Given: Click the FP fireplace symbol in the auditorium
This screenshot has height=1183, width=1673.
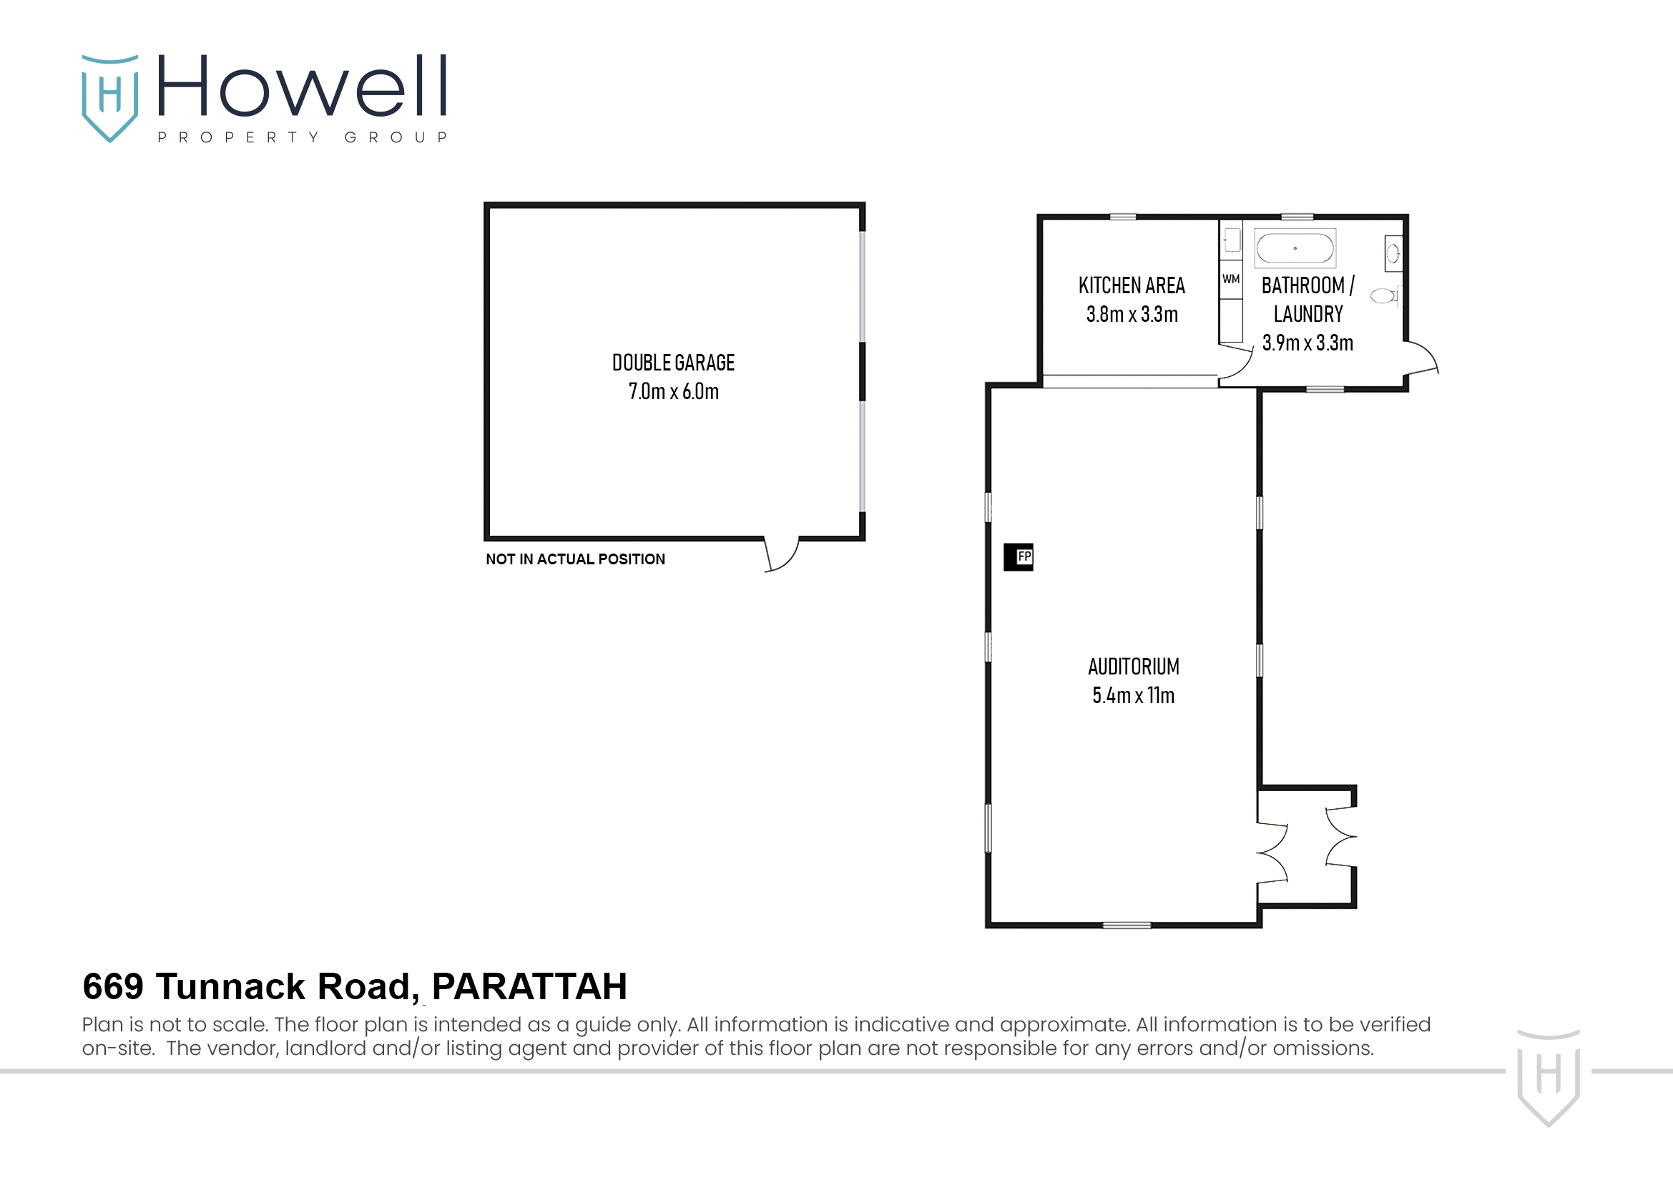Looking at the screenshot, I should (x=1018, y=557).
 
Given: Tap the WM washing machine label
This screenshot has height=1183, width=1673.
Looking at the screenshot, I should (x=1231, y=279).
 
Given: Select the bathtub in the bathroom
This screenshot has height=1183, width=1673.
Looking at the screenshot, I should (x=1295, y=248).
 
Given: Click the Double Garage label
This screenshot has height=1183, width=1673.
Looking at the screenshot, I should (x=673, y=363).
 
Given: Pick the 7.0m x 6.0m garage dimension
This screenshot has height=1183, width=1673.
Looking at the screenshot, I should (x=673, y=392).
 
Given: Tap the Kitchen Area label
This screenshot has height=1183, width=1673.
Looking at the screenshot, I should (x=1132, y=285).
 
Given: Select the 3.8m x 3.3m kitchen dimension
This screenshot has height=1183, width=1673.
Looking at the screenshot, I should (x=1132, y=315).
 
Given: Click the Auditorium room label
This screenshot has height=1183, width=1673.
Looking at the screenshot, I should (x=1133, y=667).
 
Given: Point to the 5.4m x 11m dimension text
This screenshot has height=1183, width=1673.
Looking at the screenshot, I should (x=1133, y=696).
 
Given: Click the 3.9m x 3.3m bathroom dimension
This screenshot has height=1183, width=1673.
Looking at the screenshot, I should (x=1308, y=343).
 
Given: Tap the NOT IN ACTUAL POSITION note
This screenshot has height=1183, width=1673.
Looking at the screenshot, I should (x=575, y=559).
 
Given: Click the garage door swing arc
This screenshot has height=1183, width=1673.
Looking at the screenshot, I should (x=783, y=556).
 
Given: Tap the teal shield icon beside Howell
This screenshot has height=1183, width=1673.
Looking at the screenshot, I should (x=109, y=97).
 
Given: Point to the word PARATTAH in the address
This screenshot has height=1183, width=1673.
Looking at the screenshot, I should (x=529, y=987).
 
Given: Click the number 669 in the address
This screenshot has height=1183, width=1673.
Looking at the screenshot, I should (x=113, y=987).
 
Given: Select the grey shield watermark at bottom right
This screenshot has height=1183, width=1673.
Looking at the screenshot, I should (x=1548, y=1076).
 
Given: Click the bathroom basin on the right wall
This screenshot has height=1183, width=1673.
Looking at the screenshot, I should (x=1393, y=253).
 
